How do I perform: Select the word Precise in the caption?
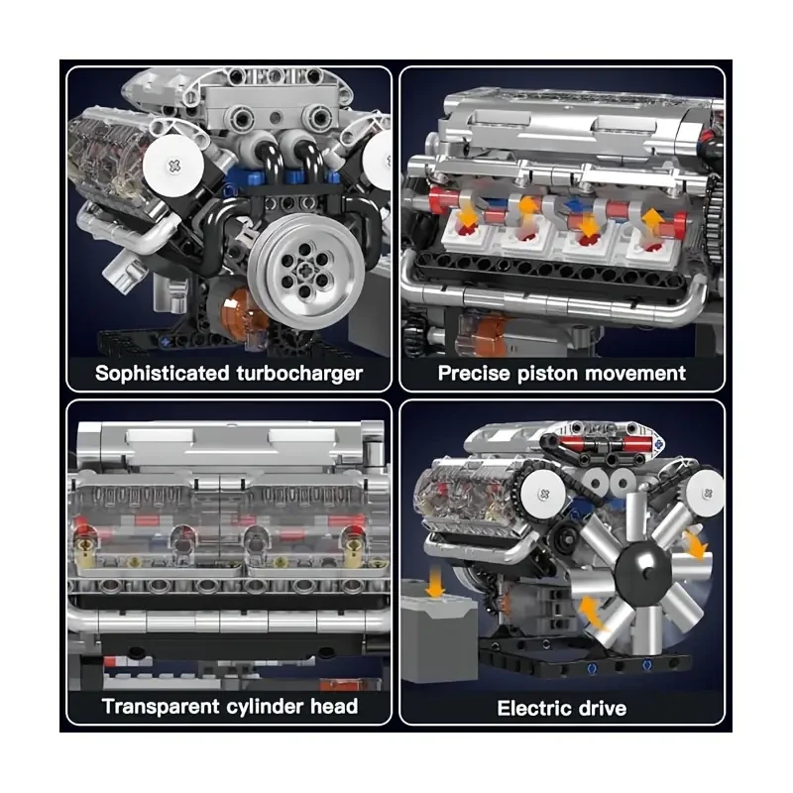(x=475, y=374)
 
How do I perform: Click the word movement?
(x=641, y=374)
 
